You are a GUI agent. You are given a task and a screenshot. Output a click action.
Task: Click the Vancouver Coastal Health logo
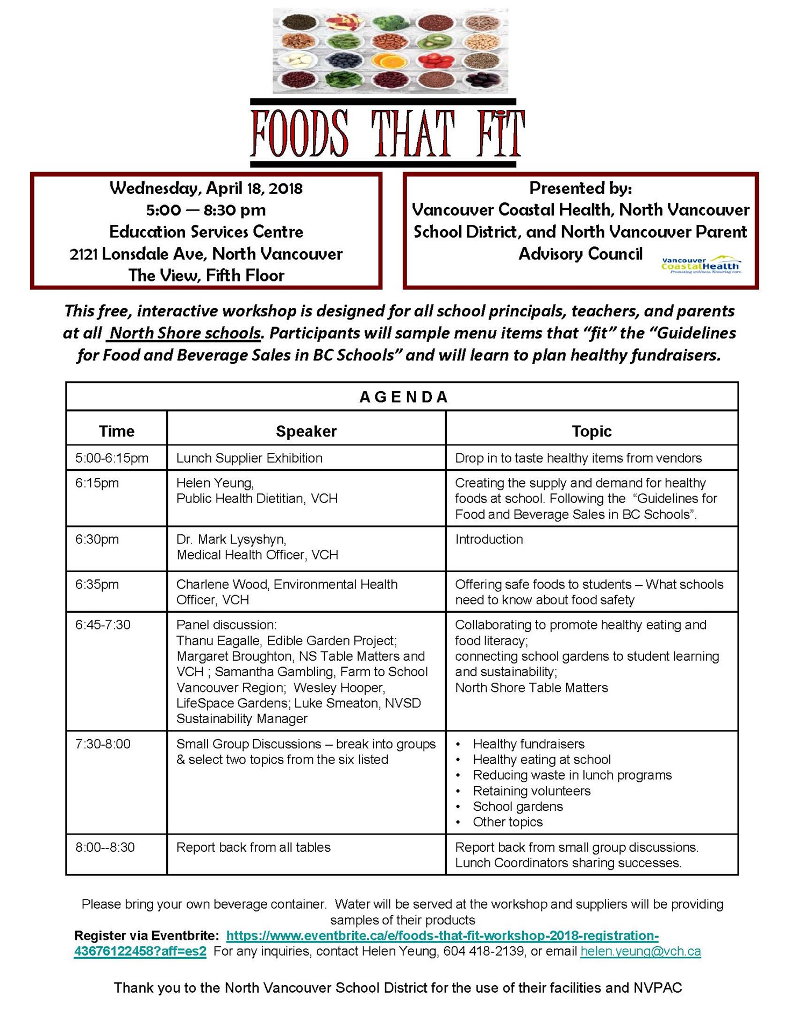(x=701, y=265)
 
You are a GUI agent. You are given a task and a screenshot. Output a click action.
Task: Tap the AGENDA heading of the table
(x=403, y=397)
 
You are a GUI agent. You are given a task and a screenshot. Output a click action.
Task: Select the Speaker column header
(x=306, y=431)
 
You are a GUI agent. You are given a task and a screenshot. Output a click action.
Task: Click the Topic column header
(x=592, y=431)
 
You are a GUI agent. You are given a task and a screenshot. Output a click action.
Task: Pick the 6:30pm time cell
(x=97, y=539)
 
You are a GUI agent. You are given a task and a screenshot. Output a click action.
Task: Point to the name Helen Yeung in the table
(x=215, y=483)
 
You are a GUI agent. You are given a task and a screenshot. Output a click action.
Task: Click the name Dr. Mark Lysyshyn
(x=231, y=539)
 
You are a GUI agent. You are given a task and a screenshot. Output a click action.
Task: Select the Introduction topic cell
(x=489, y=539)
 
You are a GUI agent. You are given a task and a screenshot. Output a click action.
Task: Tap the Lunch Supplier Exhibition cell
(x=250, y=458)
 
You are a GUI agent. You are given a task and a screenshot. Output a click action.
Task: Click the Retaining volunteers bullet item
(x=531, y=791)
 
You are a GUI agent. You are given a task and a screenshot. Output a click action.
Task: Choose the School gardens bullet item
(x=517, y=806)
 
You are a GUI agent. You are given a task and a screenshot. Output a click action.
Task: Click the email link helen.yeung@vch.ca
(x=640, y=951)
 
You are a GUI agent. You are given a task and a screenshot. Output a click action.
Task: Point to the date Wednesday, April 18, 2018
(x=206, y=188)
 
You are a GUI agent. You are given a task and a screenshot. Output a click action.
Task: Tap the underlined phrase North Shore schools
(x=184, y=333)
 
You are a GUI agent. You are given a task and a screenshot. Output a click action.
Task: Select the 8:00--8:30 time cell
(x=105, y=847)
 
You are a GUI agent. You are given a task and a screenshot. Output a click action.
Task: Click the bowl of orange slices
(x=391, y=61)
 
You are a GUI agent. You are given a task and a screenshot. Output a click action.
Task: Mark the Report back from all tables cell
(x=253, y=847)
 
